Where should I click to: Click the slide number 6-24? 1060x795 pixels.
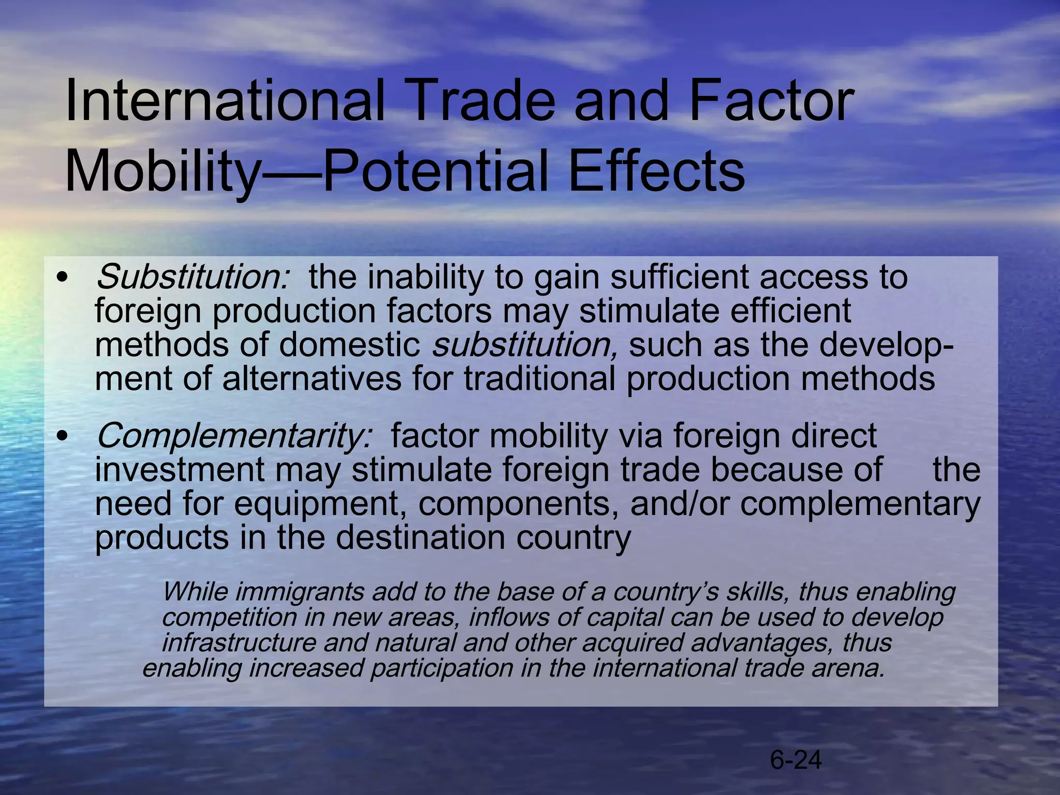pos(796,760)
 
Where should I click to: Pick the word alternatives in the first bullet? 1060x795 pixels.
pos(312,379)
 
